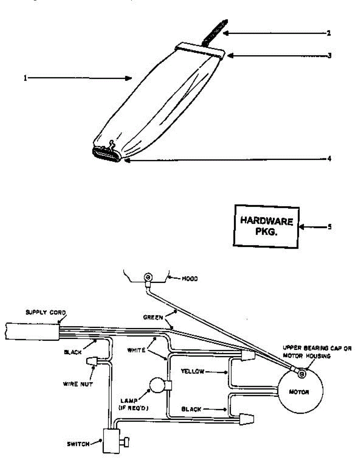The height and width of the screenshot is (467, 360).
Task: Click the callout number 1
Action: pyautogui.click(x=25, y=78)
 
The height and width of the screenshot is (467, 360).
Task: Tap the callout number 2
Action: pyautogui.click(x=329, y=33)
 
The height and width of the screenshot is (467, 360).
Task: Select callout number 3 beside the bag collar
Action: pyautogui.click(x=329, y=55)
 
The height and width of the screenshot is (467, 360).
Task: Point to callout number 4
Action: pyautogui.click(x=329, y=159)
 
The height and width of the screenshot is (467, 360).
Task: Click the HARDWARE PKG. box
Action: pyautogui.click(x=266, y=226)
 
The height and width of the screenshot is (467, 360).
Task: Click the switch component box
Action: pyautogui.click(x=111, y=441)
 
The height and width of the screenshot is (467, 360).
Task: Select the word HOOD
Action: pyautogui.click(x=190, y=279)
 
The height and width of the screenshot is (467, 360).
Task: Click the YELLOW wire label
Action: pyautogui.click(x=193, y=372)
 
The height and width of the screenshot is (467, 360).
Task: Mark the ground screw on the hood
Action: pyautogui.click(x=148, y=277)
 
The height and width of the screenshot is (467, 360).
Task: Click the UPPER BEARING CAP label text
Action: pyautogui.click(x=317, y=349)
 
